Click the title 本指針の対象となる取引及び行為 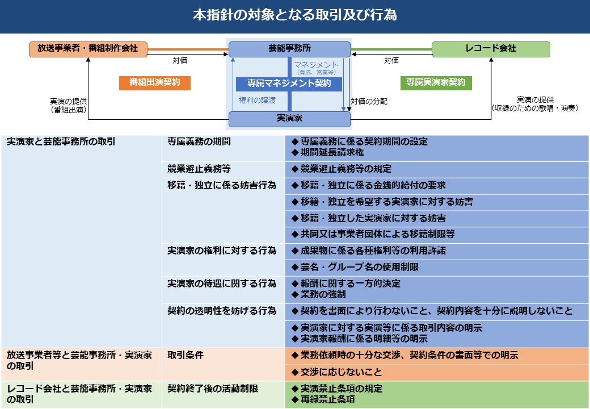coord(294,15)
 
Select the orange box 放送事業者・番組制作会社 coord(88,49)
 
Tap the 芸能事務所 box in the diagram coord(289,49)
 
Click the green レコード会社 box coord(491,49)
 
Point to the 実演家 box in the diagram coord(289,118)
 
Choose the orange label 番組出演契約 coord(154,82)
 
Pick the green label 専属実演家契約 coord(436,82)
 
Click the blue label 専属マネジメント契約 coord(289,84)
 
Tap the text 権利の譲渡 coord(257,100)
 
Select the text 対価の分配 coord(369,101)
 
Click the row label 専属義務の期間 coord(199,141)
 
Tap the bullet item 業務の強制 coord(323,295)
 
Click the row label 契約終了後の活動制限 coord(213,389)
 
